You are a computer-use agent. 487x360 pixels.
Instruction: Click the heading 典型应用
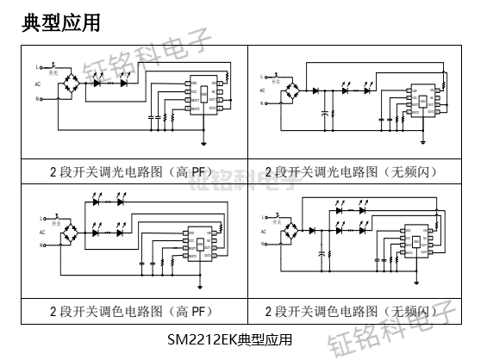[x=61, y=23]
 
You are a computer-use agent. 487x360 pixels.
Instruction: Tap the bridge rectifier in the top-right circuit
[x=296, y=90]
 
